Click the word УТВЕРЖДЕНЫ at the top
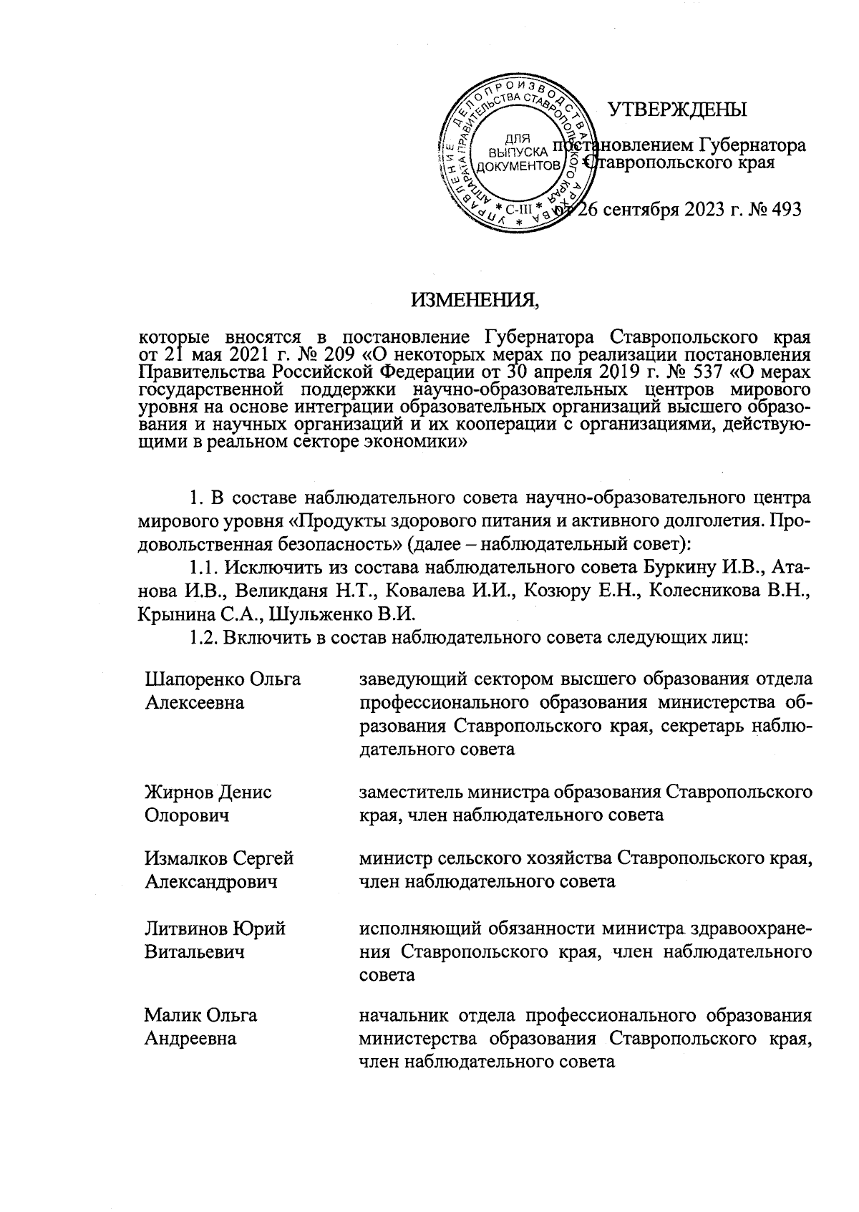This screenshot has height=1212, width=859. click(x=676, y=110)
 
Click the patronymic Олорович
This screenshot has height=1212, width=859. click(x=187, y=815)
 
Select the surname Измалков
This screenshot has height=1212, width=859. click(x=189, y=858)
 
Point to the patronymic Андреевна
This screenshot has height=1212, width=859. click(x=190, y=1038)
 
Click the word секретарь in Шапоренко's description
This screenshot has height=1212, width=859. click(x=706, y=726)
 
